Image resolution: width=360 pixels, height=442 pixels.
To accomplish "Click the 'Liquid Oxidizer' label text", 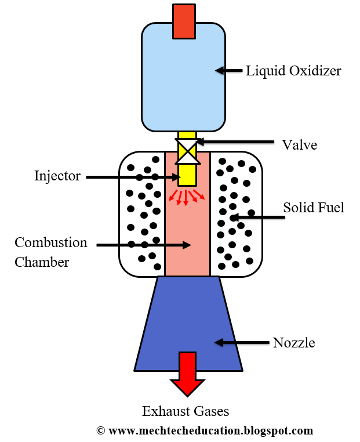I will click(293, 71).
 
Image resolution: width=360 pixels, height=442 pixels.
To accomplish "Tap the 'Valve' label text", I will click(299, 144).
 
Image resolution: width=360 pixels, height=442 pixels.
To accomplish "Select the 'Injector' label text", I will click(57, 176).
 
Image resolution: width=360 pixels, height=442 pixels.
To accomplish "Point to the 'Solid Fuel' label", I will click(314, 207).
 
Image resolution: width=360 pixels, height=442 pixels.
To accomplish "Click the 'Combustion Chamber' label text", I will click(51, 252).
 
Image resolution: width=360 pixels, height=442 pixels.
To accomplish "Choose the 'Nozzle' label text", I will click(294, 343).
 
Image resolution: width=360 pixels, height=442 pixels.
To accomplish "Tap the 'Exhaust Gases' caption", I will click(186, 411).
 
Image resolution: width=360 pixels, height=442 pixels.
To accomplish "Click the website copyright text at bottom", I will click(205, 431).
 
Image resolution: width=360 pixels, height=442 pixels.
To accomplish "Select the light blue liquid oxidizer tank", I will click(183, 75).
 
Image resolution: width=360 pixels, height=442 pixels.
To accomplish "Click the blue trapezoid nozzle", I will click(188, 325).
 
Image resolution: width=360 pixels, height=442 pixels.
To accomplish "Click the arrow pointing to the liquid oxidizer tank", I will click(228, 71).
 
